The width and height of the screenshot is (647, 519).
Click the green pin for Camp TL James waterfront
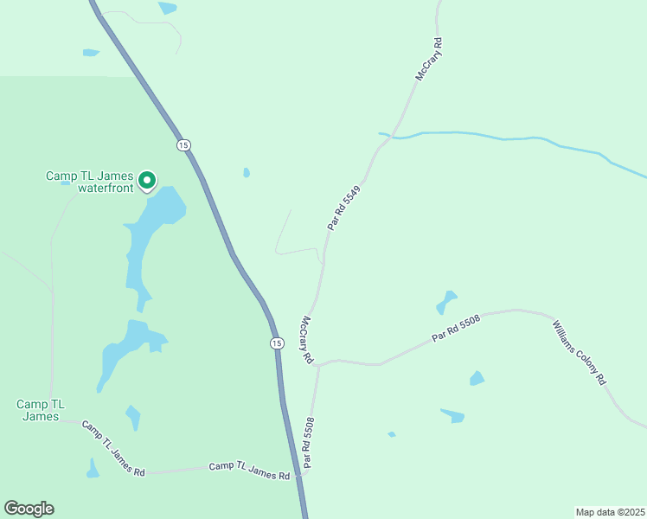coord(147,180)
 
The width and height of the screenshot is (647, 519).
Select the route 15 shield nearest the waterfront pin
coord(183,144)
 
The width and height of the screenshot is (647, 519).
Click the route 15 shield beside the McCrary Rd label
coord(276,343)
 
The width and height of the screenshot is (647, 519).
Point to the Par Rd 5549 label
coord(343,208)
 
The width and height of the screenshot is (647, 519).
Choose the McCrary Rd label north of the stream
coord(429,59)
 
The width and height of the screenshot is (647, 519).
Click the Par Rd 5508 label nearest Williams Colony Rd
coord(458,326)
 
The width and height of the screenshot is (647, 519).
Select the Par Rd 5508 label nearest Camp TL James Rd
coord(308,443)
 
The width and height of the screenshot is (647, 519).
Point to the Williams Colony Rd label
coord(580,352)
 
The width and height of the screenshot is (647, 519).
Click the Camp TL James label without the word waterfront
coord(41,410)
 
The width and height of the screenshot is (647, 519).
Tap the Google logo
coord(29,509)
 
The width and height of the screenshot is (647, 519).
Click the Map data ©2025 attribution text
coord(609,512)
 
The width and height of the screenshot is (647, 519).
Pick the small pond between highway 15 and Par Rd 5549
coord(247,173)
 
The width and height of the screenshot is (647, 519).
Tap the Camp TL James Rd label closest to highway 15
coord(249,471)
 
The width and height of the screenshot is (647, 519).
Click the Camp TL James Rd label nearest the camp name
coord(113,448)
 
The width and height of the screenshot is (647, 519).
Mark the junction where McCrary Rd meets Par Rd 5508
coord(317,365)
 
